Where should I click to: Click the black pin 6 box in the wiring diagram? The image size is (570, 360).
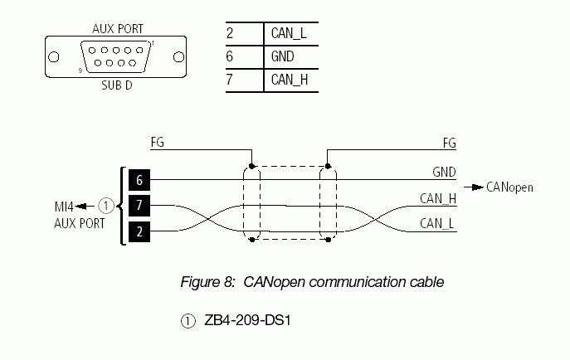pyautogui.click(x=139, y=179)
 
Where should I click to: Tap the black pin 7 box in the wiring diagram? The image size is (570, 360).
pyautogui.click(x=139, y=205)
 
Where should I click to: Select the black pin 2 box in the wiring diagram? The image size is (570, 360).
pyautogui.click(x=139, y=231)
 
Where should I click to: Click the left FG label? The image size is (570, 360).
pyautogui.click(x=157, y=143)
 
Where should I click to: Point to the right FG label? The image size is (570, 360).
pyautogui.click(x=449, y=143)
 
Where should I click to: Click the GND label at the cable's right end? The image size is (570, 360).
pyautogui.click(x=444, y=173)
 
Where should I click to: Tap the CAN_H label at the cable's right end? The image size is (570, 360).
pyautogui.click(x=438, y=198)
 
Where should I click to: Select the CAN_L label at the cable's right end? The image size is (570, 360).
pyautogui.click(x=438, y=223)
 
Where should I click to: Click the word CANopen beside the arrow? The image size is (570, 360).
pyautogui.click(x=509, y=187)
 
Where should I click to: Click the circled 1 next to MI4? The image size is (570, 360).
pyautogui.click(x=105, y=204)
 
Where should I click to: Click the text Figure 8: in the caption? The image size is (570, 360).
pyautogui.click(x=208, y=282)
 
